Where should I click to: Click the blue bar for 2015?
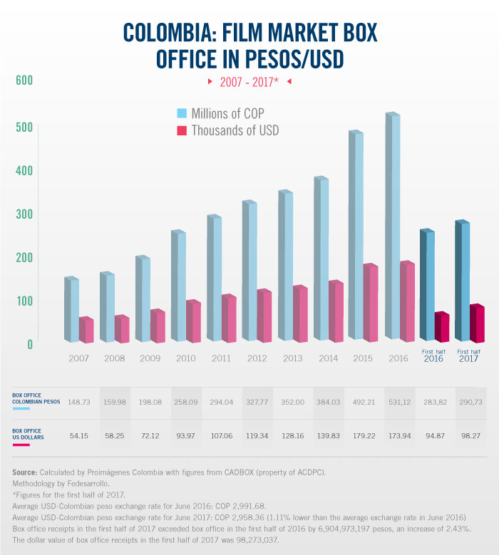click(x=356, y=235)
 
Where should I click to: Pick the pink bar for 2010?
click(x=193, y=321)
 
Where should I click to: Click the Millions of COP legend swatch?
click(x=182, y=113)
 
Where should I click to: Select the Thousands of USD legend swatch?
click(x=182, y=130)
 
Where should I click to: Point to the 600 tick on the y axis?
click(x=24, y=81)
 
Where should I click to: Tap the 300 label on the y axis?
click(x=24, y=214)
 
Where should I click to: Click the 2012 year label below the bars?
click(x=257, y=358)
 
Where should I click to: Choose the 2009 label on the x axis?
click(x=150, y=358)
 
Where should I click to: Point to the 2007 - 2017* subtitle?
click(x=249, y=82)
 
